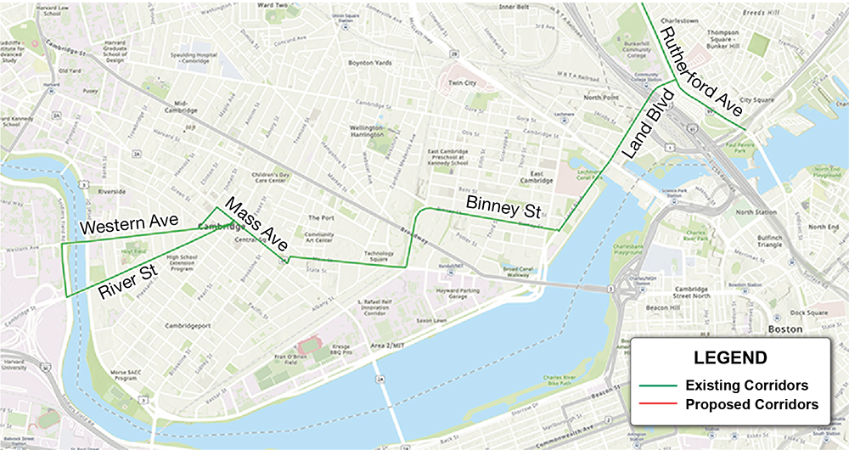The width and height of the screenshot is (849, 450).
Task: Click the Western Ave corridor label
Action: pyautogui.click(x=128, y=226)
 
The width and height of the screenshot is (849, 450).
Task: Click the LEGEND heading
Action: pyautogui.click(x=730, y=357)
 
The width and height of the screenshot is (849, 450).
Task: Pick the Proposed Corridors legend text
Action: pyautogui.click(x=751, y=405)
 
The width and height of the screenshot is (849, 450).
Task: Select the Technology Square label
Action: pyautogui.click(x=380, y=256)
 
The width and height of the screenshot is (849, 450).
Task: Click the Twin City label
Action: pyautogui.click(x=463, y=83)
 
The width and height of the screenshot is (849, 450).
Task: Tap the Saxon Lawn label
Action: pyautogui.click(x=411, y=320)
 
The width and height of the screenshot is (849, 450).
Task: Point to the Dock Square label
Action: pyautogui.click(x=811, y=312)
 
